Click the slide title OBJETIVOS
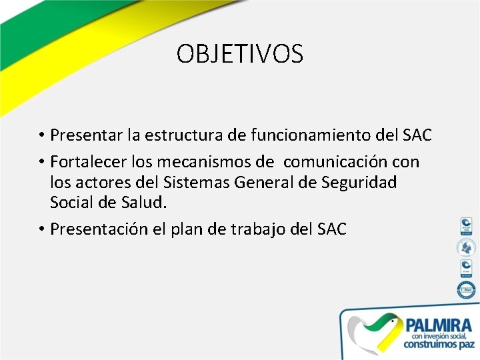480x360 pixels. (x=240, y=54)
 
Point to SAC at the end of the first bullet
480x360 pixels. (x=417, y=136)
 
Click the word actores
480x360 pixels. (x=100, y=182)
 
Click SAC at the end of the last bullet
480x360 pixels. (x=332, y=229)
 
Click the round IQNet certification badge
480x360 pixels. (x=465, y=290)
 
